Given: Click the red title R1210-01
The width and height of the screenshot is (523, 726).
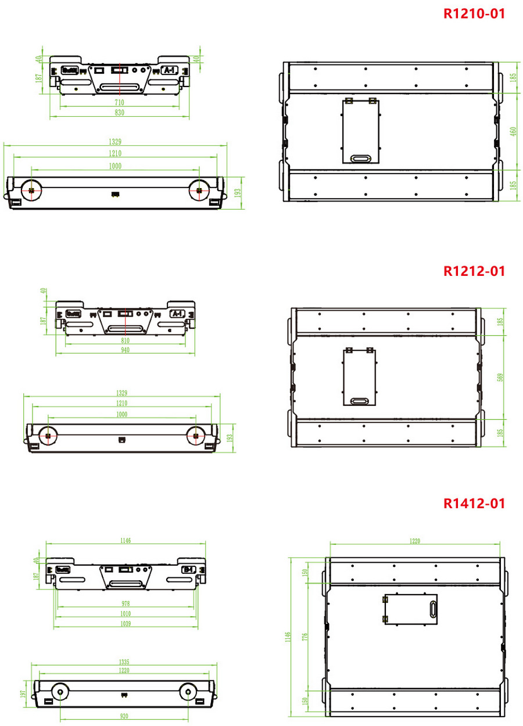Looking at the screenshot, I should point(474,13).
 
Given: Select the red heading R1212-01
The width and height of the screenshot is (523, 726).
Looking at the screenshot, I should point(474,271).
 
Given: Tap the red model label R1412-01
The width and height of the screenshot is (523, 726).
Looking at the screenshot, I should point(474,503).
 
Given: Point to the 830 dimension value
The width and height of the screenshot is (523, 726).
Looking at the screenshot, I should point(119,113).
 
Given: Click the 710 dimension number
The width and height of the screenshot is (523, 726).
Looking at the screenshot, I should point(119,102).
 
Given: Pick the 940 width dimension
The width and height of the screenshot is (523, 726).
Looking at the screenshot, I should point(125,350).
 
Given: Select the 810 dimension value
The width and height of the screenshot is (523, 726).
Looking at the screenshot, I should point(125,340).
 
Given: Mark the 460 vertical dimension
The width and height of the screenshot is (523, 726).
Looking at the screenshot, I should point(513,131).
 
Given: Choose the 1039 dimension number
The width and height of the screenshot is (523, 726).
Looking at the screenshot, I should point(126,624).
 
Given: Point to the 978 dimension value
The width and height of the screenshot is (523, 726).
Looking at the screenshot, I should point(126,603).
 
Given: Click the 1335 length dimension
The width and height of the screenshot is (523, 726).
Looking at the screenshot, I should point(124,662).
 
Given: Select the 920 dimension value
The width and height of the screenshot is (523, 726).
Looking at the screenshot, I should point(124,716).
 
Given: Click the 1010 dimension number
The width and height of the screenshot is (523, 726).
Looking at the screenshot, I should point(126,613).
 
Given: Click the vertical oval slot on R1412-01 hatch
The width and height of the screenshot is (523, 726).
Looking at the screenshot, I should point(433,610).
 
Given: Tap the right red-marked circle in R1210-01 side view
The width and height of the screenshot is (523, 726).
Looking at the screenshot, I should point(199,190).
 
